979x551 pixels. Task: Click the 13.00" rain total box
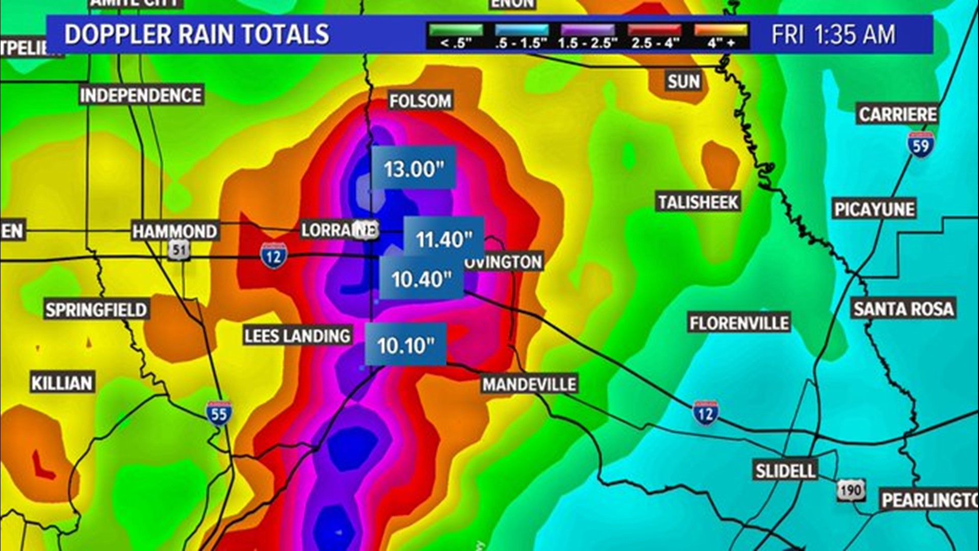(414, 168)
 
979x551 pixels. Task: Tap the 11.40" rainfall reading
(444, 238)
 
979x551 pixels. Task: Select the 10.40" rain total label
(421, 279)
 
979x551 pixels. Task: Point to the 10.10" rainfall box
(406, 345)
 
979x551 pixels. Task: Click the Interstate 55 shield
(219, 413)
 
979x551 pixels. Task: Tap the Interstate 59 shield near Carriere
(920, 145)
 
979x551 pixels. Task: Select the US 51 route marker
(179, 250)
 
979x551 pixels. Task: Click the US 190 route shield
(851, 490)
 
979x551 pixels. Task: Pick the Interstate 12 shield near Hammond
(273, 256)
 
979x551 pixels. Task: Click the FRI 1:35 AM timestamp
(833, 35)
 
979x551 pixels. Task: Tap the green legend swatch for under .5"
(456, 31)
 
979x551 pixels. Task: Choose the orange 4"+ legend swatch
(721, 31)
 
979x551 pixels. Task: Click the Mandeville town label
(529, 384)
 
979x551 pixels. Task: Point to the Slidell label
(785, 470)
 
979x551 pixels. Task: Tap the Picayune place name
(874, 209)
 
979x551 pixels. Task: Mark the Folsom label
(420, 101)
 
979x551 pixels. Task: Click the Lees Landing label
(297, 336)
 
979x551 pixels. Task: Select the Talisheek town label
(698, 202)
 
